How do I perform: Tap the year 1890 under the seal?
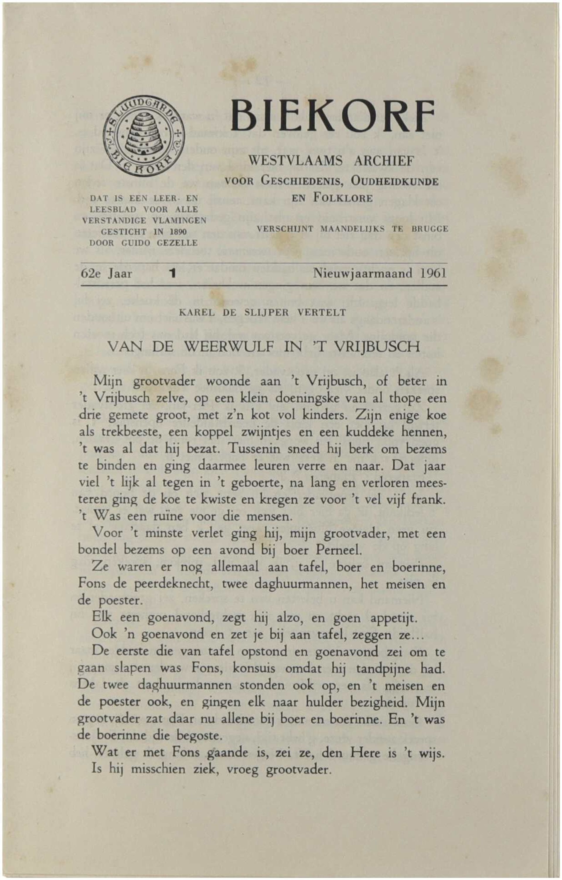(177, 232)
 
